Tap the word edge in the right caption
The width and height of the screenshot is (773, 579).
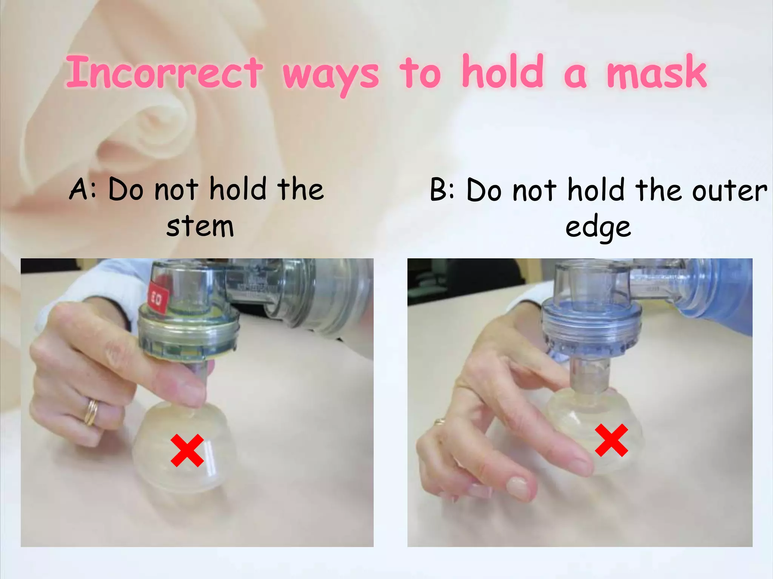tap(598, 228)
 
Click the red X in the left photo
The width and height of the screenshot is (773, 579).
tap(187, 450)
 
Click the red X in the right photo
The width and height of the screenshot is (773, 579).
tap(611, 440)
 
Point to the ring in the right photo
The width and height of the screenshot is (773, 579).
tap(439, 421)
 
